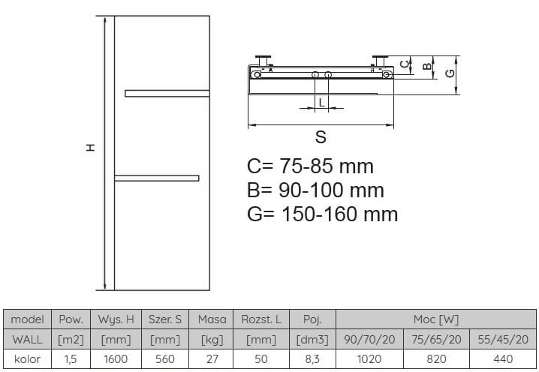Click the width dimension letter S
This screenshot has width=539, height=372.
[321, 137]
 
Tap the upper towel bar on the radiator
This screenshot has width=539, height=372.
[167, 93]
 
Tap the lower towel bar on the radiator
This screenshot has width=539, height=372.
[156, 178]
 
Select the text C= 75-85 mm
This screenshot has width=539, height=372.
[310, 166]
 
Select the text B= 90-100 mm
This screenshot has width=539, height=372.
[315, 190]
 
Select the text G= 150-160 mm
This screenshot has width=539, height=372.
[322, 214]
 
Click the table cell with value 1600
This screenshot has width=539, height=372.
[115, 358]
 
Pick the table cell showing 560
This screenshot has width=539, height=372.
[164, 358]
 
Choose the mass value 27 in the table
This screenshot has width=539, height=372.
[211, 358]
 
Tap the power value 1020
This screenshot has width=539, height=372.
[368, 358]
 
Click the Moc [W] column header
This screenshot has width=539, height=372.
[436, 319]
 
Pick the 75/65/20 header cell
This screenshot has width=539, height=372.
[436, 339]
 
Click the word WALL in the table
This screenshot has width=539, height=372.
[27, 339]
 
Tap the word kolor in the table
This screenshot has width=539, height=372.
[27, 358]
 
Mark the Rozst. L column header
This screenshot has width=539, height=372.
[260, 319]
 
